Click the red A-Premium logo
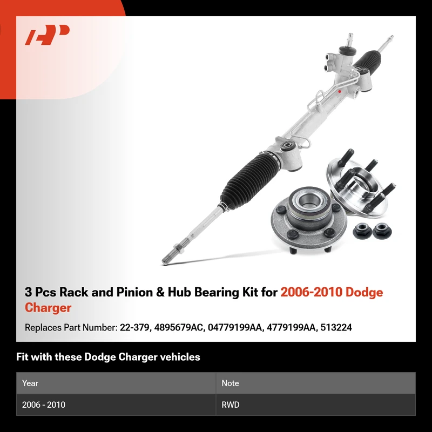click(x=47, y=35)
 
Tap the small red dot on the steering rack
click(x=340, y=91)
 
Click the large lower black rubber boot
click(x=249, y=180)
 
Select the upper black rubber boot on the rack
click(x=367, y=60)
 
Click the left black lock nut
click(x=362, y=232)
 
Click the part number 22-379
click(x=134, y=327)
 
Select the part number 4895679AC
click(x=179, y=327)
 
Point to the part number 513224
click(x=336, y=327)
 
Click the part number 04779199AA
click(x=234, y=327)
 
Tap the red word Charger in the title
click(x=48, y=308)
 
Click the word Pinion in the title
click(x=134, y=292)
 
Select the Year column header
click(x=30, y=383)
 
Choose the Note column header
click(x=230, y=383)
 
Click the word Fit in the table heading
click(x=22, y=357)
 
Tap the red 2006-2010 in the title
click(x=312, y=292)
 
